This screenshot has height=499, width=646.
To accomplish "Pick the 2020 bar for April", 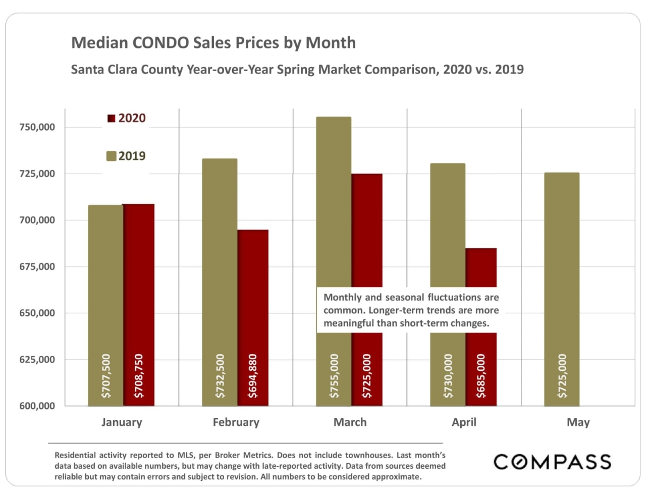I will coord(481,267).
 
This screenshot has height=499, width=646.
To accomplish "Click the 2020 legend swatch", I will coord(112,119).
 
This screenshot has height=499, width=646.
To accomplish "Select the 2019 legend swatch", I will coord(112,156).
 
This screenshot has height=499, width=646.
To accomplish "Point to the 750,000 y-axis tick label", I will coord(37,127).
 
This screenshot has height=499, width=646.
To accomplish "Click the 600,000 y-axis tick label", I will coord(37,406).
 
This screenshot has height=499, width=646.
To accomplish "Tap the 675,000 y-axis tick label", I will coord(37,266).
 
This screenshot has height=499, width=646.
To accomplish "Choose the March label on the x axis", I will coord(350,422).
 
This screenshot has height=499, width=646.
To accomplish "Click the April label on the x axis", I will coord(464,422).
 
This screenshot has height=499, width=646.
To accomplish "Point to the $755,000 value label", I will coord(334,375).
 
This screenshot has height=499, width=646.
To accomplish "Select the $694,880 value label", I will coord(253,375).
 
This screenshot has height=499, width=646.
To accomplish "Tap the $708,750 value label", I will coord(139,375).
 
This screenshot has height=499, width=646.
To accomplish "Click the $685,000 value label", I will coord(481,375).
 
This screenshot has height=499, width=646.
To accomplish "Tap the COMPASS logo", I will coord(552,462).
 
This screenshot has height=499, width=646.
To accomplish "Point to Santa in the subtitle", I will coord(86,69).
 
